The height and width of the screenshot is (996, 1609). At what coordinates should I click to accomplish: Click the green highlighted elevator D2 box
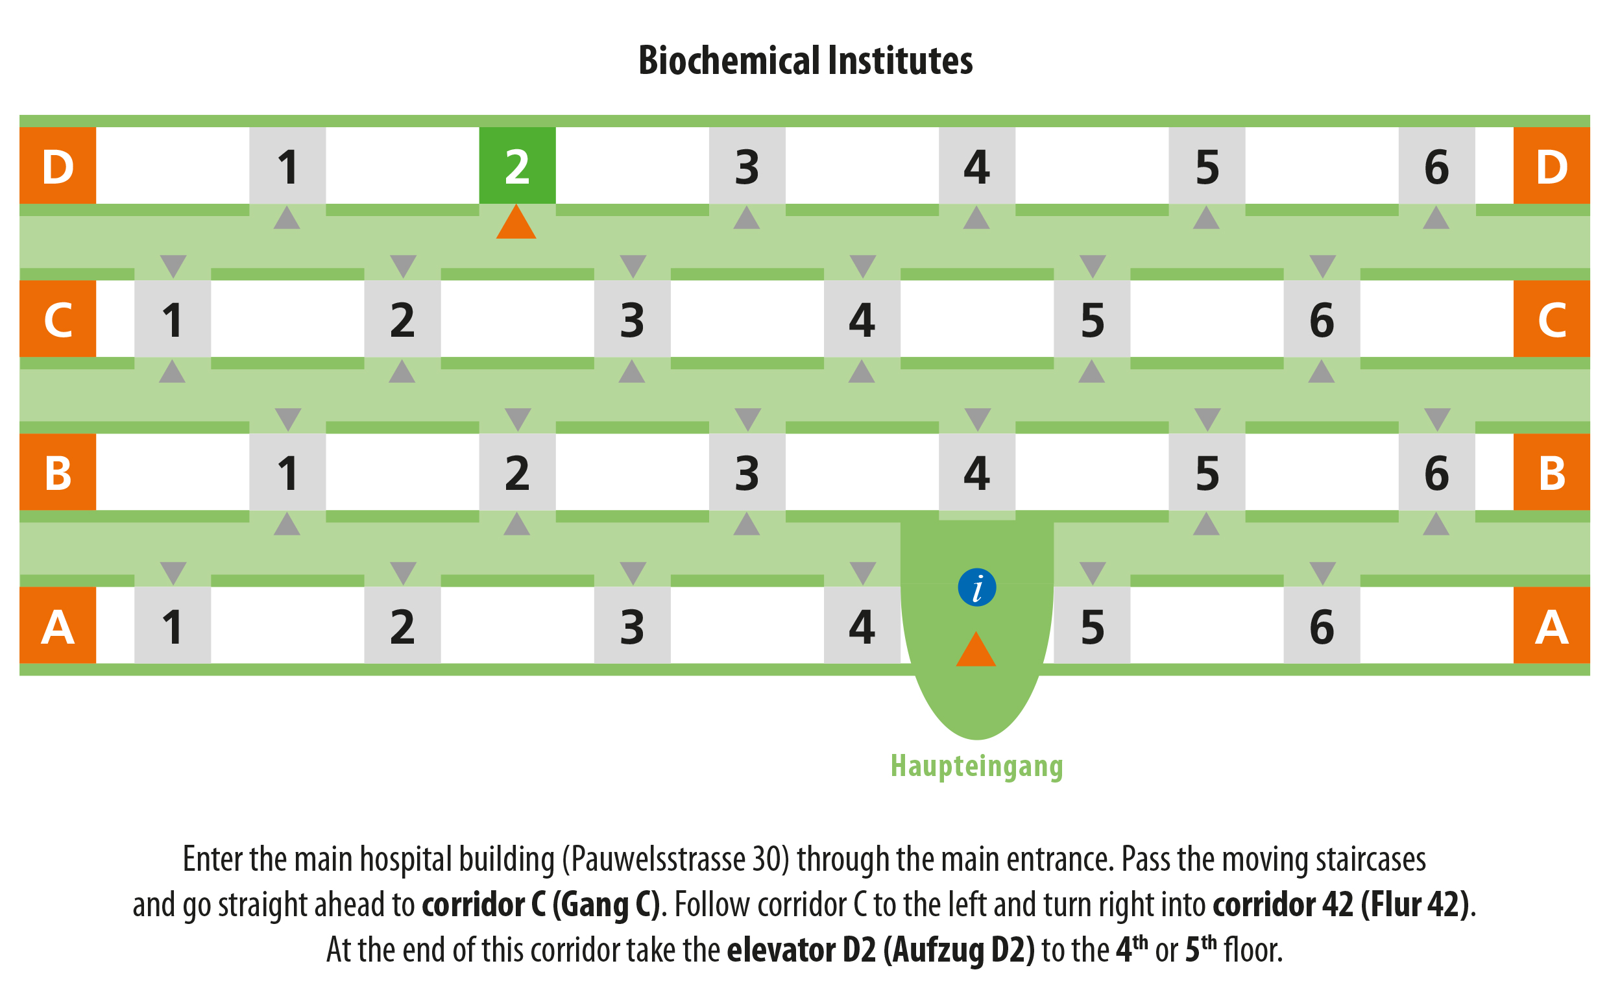click(517, 165)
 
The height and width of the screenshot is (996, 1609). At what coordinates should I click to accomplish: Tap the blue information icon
click(976, 587)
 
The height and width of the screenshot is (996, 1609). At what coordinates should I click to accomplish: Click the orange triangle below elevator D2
click(516, 222)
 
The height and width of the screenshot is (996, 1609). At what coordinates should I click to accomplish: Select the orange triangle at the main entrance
click(976, 649)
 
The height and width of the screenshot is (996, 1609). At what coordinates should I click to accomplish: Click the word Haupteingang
click(976, 767)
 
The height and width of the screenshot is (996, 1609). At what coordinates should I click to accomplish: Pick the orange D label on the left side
click(58, 165)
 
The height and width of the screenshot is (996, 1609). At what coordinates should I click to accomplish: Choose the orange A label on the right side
click(1552, 625)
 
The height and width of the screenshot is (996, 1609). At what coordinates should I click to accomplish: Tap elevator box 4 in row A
click(862, 625)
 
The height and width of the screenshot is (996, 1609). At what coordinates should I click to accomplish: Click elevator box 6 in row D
click(1437, 165)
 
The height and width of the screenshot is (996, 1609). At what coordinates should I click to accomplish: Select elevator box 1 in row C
click(173, 319)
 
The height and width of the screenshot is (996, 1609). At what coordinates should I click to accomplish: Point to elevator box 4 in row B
click(976, 472)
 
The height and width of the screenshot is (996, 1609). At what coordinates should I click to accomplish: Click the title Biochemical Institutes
click(806, 60)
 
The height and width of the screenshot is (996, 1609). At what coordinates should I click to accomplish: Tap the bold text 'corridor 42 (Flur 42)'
click(1341, 905)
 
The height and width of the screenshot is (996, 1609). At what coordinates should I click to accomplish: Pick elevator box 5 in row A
click(1092, 625)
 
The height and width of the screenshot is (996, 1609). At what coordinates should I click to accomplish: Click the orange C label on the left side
click(58, 319)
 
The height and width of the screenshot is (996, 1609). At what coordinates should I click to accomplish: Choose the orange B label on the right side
click(1552, 472)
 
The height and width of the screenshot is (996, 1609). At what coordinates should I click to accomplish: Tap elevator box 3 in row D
click(747, 165)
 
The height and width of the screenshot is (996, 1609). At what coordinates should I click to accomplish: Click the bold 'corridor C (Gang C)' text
click(540, 905)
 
